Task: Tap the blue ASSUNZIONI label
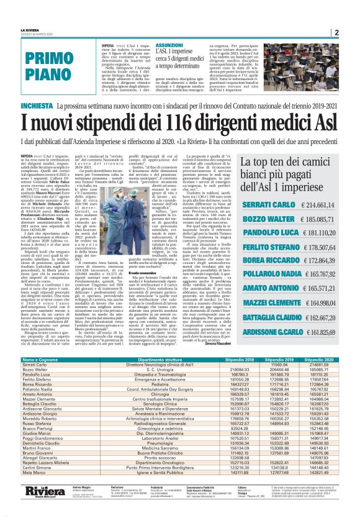[153, 46]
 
